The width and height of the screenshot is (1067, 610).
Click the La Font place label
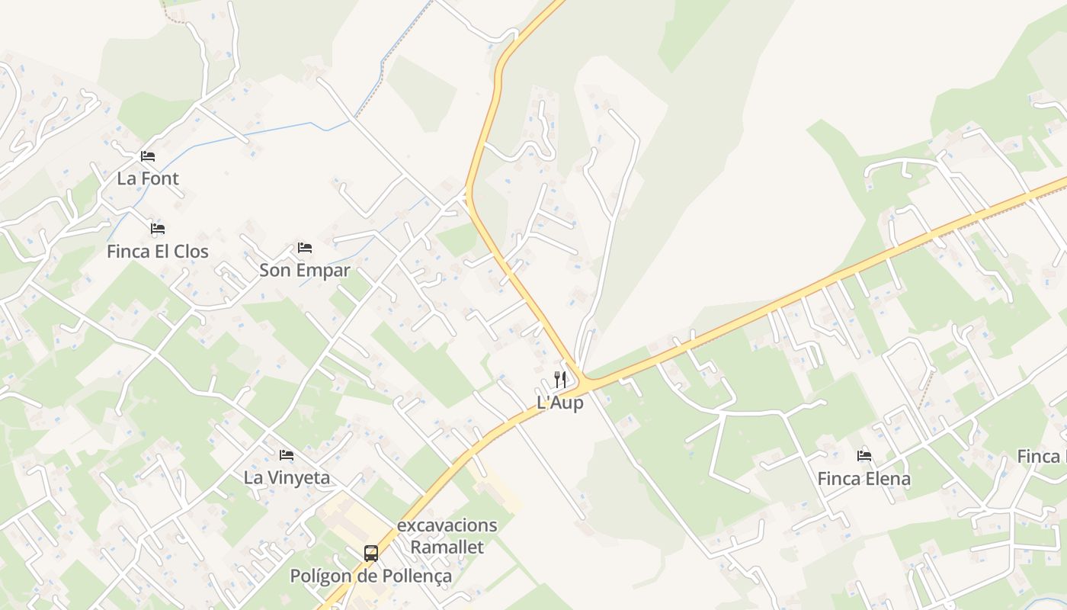[x=148, y=178]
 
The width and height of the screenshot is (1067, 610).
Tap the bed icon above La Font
[x=148, y=156]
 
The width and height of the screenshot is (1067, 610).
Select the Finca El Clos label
[x=158, y=251]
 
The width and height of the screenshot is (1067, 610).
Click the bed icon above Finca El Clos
[x=158, y=229]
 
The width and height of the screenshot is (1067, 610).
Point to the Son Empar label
[x=305, y=270]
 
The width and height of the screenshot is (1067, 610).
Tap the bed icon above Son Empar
[x=305, y=248]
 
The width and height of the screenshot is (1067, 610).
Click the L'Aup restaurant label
[x=560, y=403]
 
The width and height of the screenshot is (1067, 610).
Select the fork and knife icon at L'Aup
[x=560, y=379]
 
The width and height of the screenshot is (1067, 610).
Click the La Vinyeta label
[x=287, y=477]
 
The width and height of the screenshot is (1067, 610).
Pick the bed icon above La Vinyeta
[x=287, y=455]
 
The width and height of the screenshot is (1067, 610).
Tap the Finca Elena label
[x=864, y=479]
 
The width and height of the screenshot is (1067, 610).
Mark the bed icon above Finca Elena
[x=864, y=456]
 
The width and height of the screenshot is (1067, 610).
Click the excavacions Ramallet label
[x=447, y=536]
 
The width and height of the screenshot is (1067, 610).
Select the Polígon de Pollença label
[x=371, y=576]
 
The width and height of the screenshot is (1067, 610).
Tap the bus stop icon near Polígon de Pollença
[x=371, y=554]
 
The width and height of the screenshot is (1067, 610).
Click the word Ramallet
[x=447, y=547]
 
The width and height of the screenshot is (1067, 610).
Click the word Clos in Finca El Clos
[x=189, y=251]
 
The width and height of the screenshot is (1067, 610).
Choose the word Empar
[x=325, y=270]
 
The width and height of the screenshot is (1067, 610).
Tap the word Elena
[x=887, y=479]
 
